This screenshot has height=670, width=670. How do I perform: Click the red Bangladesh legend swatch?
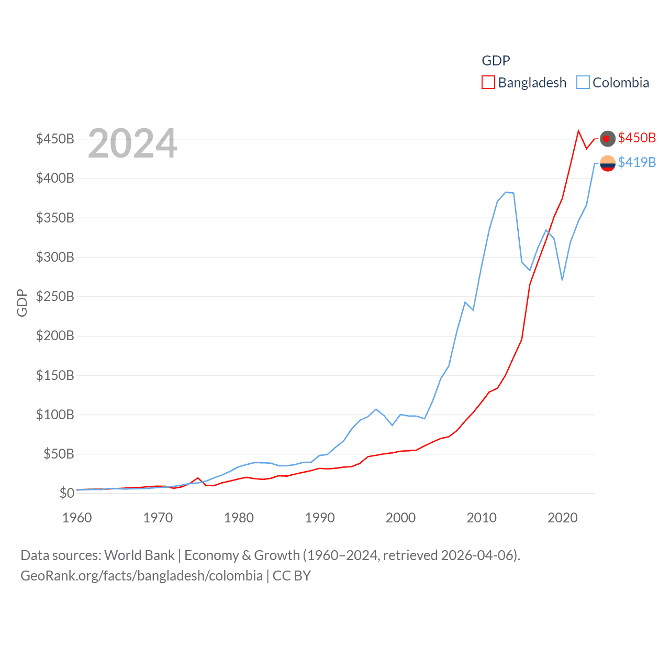point(488,83)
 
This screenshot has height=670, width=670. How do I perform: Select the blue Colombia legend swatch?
point(583,83)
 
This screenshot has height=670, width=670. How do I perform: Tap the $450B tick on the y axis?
point(55,139)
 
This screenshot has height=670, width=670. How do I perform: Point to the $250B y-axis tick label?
point(55,296)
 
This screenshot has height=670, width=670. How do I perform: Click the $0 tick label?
point(66,493)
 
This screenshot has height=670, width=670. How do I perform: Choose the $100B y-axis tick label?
point(55,415)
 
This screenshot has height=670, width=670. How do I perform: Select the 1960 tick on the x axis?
point(77,518)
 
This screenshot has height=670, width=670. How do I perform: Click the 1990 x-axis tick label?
point(320,518)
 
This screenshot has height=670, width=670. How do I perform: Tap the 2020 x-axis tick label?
point(563,518)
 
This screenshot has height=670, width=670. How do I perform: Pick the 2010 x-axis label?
point(482,518)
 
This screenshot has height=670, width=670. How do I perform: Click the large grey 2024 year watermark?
point(132,143)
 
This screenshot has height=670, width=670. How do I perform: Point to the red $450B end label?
point(636,138)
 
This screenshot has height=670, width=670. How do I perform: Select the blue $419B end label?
point(636,162)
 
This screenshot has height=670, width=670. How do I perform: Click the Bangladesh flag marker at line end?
point(607,139)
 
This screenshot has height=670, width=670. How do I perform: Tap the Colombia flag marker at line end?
point(607,163)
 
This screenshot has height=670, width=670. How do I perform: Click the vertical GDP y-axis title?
point(22,303)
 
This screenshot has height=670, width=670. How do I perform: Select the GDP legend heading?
point(496,61)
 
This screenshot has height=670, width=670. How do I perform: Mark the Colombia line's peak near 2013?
point(506,192)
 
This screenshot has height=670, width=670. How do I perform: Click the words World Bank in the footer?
point(139,555)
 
